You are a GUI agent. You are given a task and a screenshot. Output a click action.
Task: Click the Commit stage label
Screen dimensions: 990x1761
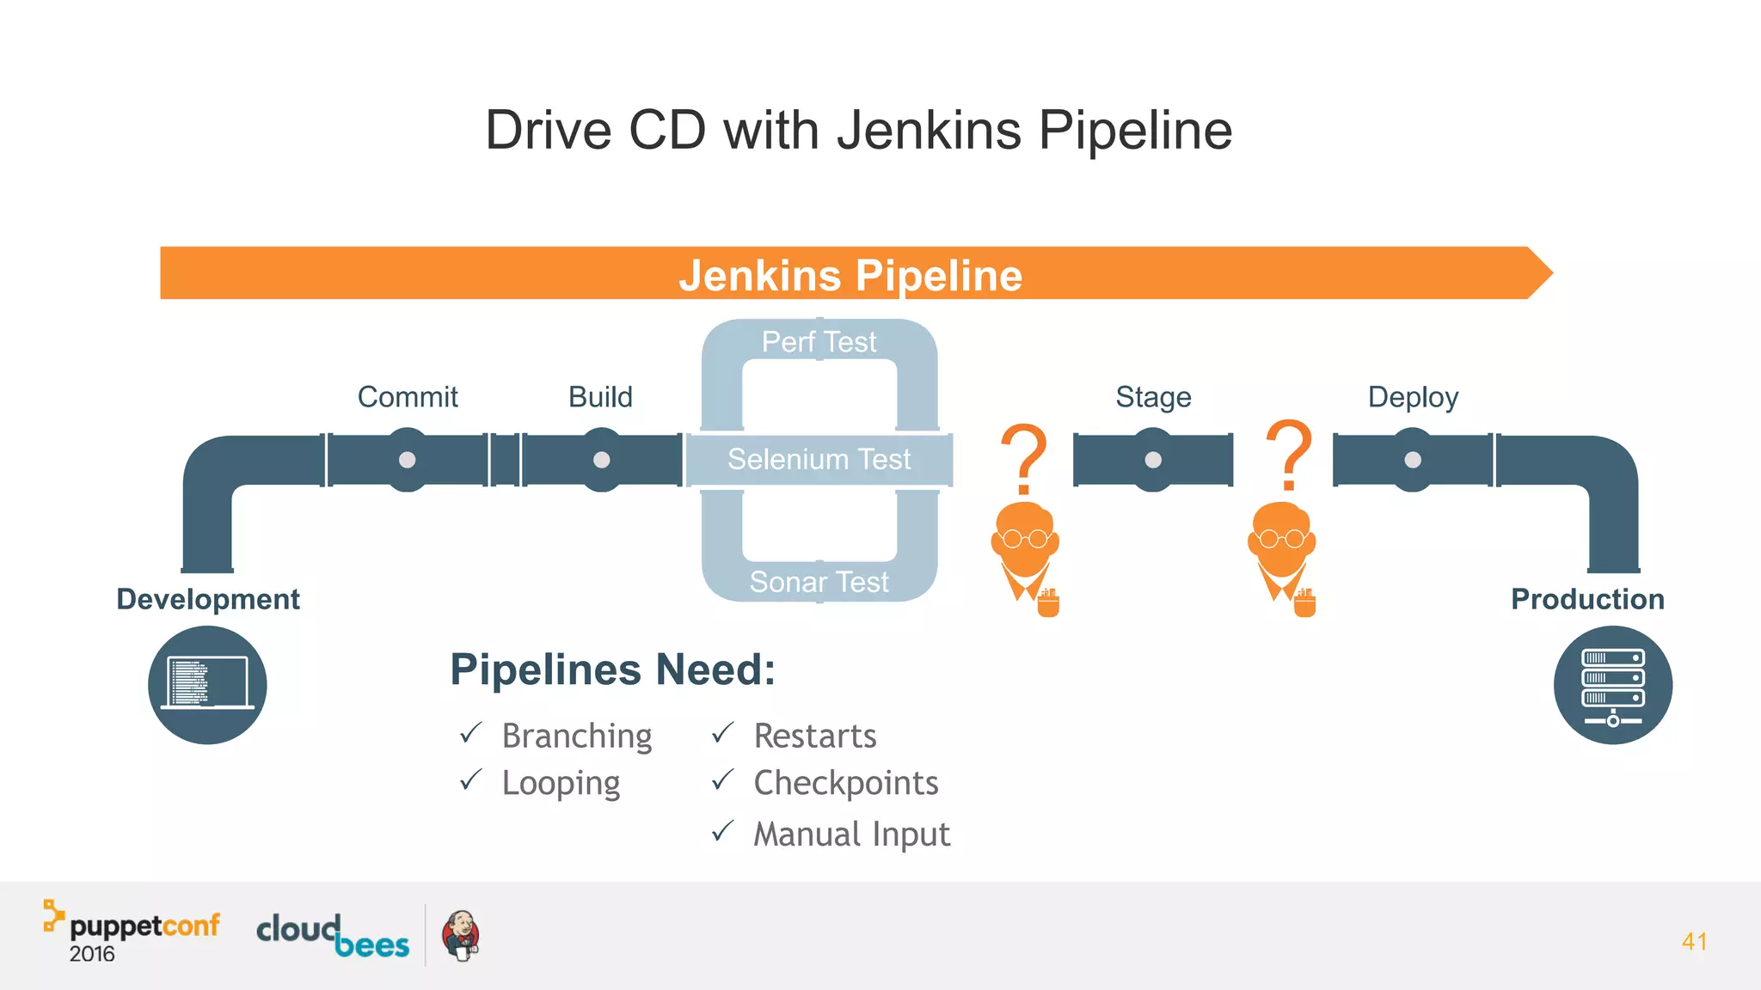408,397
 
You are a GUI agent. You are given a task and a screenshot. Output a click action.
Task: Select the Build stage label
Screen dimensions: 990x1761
600,397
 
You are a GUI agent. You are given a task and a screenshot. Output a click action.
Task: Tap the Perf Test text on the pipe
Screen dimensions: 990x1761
819,342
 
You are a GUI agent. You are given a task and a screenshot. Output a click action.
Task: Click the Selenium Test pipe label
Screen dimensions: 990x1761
819,459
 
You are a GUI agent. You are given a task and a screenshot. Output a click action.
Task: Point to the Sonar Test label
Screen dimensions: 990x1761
819,582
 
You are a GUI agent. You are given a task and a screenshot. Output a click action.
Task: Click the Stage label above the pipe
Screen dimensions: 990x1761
1153,397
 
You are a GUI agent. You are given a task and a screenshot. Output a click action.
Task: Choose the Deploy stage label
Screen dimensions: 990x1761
1413,397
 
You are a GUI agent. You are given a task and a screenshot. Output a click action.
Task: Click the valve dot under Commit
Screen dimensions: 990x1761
408,460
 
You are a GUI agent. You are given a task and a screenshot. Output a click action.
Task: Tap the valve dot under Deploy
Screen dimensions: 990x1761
1413,460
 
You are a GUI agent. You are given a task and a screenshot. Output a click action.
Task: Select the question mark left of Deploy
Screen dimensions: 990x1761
1289,455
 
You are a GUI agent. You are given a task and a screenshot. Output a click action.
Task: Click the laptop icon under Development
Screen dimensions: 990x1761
207,685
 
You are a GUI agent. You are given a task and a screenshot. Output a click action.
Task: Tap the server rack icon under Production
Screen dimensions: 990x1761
1612,685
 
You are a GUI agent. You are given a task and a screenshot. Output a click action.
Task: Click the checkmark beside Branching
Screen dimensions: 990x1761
470,733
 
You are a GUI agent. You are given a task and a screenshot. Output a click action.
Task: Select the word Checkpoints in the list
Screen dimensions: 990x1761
845,783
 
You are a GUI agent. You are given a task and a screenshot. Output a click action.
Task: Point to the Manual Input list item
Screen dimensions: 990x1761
851,834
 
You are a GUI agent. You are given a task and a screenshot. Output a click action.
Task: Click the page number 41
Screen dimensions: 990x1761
1694,941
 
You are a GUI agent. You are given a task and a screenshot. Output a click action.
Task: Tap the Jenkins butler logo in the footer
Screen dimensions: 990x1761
461,935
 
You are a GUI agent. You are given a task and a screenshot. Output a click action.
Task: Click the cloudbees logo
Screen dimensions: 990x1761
333,935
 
